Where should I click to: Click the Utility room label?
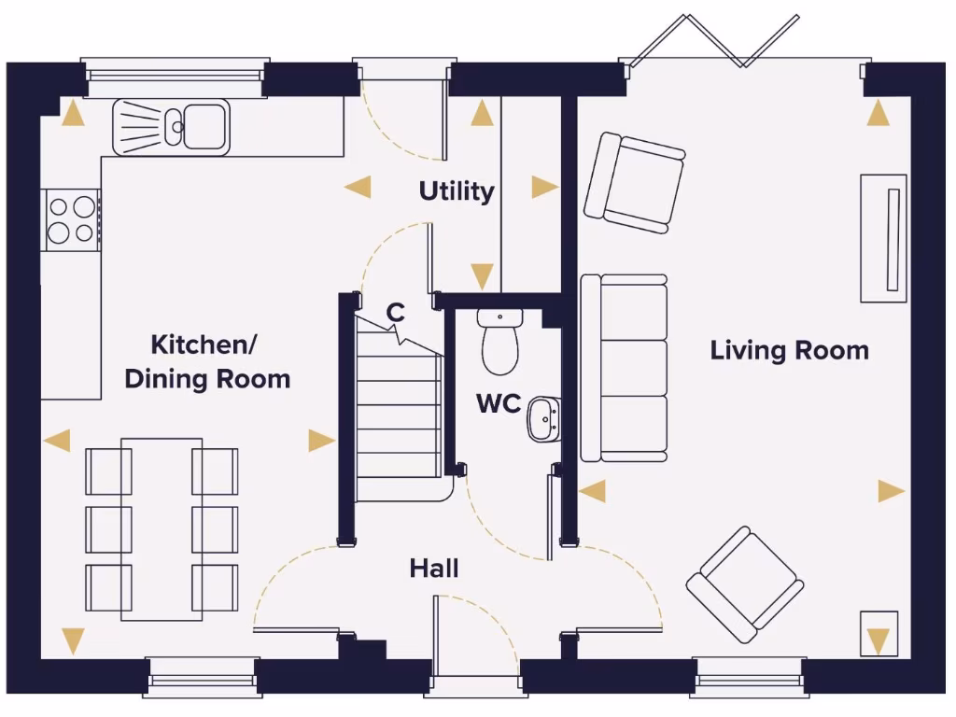456,191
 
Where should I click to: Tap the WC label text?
499,404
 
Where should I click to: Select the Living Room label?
789,351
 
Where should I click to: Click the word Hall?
434,568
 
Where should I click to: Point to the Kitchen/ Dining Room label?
206,362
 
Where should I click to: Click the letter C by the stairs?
396,313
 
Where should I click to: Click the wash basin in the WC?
542,419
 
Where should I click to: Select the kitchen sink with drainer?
171,127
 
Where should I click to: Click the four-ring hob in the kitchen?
71,219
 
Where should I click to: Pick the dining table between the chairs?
162,529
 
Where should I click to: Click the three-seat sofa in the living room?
625,368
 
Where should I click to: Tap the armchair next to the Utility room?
634,182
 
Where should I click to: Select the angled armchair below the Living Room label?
745,584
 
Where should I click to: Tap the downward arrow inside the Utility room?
482,275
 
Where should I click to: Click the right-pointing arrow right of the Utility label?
544,188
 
